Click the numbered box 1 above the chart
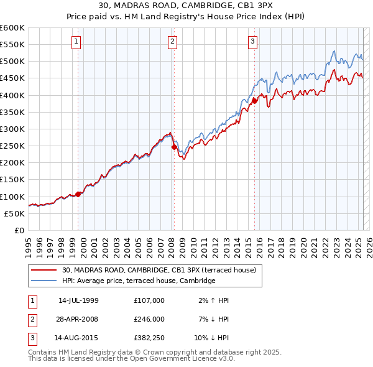tap(76, 42)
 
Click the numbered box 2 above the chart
tap(172, 42)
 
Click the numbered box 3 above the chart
tap(253, 42)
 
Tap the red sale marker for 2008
tap(174, 147)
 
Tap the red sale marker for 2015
tap(254, 101)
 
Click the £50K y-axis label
tap(16, 213)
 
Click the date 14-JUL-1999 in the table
tap(78, 300)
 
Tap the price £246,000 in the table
tap(149, 319)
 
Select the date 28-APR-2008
tap(78, 319)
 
